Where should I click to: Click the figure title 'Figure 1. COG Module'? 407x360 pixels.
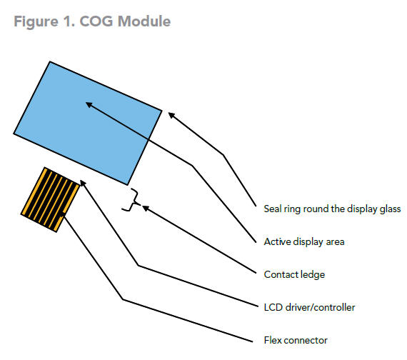92,21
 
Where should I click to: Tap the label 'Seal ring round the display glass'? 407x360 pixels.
332,209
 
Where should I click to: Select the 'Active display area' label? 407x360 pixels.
304,242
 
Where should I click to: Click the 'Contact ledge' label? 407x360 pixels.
294,275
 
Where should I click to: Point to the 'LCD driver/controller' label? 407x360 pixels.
309,308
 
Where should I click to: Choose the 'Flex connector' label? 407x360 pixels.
296,340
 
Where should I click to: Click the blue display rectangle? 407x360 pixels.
88,123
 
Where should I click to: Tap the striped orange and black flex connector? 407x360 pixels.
51,199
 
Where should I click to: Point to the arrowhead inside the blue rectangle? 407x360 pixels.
89,104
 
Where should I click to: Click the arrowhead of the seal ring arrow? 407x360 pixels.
171,114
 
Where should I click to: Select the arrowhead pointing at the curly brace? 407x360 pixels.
146,208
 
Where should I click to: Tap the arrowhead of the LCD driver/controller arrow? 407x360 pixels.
83,183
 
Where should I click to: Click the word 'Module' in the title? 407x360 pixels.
144,21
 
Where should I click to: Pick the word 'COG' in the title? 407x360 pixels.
96,21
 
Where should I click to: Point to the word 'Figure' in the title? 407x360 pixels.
36,22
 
